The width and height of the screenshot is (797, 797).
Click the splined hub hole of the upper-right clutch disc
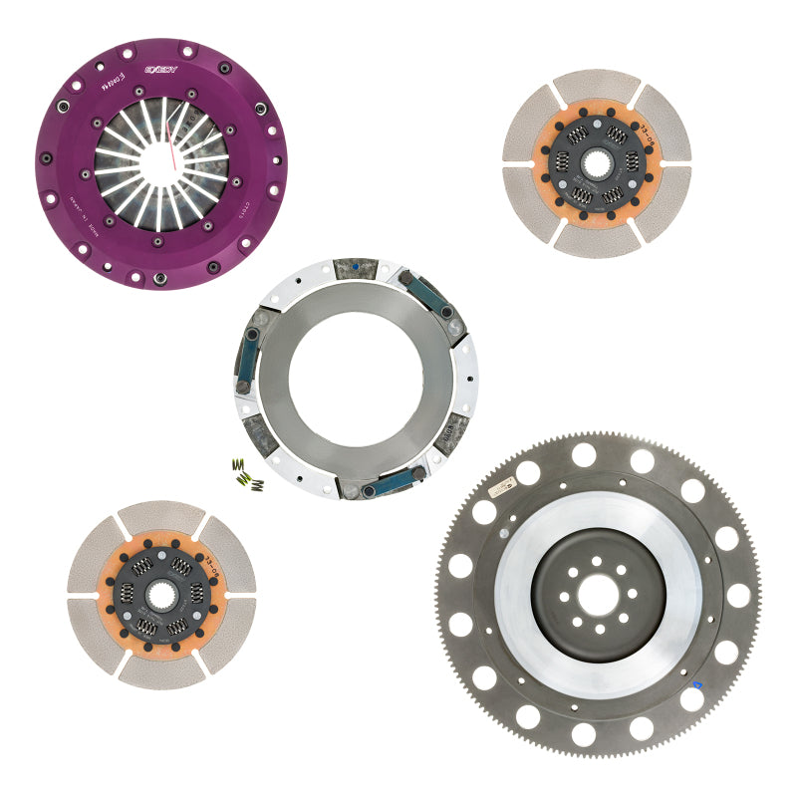[597, 162]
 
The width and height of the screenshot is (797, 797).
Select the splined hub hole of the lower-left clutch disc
[161, 594]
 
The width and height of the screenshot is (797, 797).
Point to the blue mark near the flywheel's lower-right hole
[697, 685]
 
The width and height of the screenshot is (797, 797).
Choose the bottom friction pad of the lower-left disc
[161, 670]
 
